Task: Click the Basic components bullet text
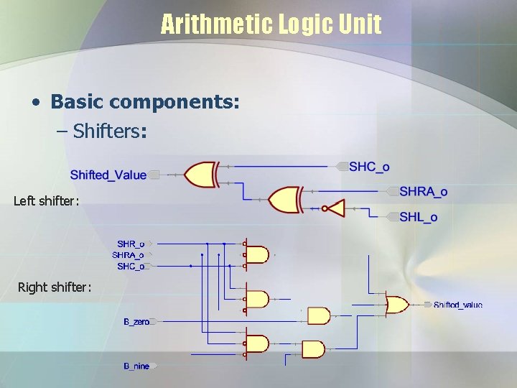(144, 102)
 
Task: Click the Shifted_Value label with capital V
(108, 175)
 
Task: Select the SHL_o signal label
(418, 217)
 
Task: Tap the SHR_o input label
(131, 244)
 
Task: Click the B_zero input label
(136, 322)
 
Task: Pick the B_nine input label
(136, 366)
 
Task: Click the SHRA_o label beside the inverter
(423, 191)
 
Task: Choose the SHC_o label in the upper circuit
(369, 167)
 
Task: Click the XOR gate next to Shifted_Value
(202, 175)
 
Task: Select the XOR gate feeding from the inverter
(284, 200)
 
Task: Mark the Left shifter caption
(45, 201)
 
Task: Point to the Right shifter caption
(55, 288)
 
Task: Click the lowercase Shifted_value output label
(458, 305)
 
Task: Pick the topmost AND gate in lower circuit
(257, 254)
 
